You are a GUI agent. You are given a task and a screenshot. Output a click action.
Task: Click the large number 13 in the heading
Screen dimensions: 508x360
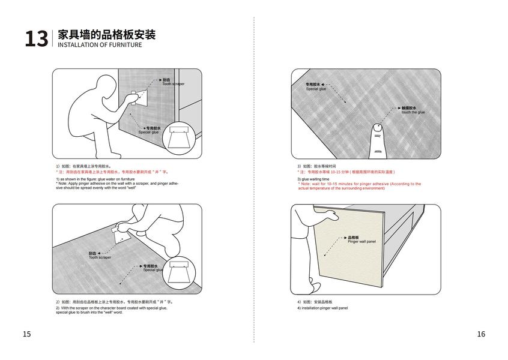tap(35, 39)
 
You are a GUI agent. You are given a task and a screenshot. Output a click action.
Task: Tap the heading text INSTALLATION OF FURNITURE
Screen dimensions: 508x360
tap(100, 45)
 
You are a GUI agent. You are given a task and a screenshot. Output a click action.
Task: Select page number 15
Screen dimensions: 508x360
tap(26, 334)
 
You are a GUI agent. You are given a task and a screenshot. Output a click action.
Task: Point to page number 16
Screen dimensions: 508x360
tap(480, 334)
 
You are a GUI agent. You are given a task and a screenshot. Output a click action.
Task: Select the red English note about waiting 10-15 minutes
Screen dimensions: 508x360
tap(359, 186)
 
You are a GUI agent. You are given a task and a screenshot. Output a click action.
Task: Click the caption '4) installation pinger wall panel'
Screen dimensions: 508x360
tap(322, 308)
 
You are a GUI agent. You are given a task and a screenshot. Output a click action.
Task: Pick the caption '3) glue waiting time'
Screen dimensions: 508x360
tap(313, 179)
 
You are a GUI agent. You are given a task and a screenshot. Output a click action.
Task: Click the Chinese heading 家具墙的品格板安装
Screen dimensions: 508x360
tap(106, 35)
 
